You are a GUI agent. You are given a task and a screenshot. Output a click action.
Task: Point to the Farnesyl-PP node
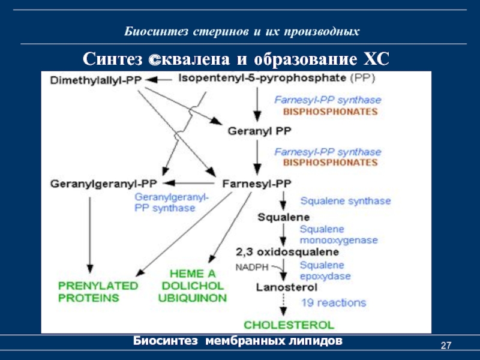tap(257, 183)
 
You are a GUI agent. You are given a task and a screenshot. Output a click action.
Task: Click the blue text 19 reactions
tap(333, 302)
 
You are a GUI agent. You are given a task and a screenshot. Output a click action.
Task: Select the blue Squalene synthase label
tap(345, 201)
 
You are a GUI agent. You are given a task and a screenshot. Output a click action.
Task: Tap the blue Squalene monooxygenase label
tap(338, 235)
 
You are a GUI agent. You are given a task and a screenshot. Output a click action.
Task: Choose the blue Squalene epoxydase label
tap(325, 271)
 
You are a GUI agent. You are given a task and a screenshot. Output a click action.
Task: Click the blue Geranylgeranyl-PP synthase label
tap(171, 202)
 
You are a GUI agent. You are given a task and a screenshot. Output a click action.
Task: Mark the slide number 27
tap(445, 346)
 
